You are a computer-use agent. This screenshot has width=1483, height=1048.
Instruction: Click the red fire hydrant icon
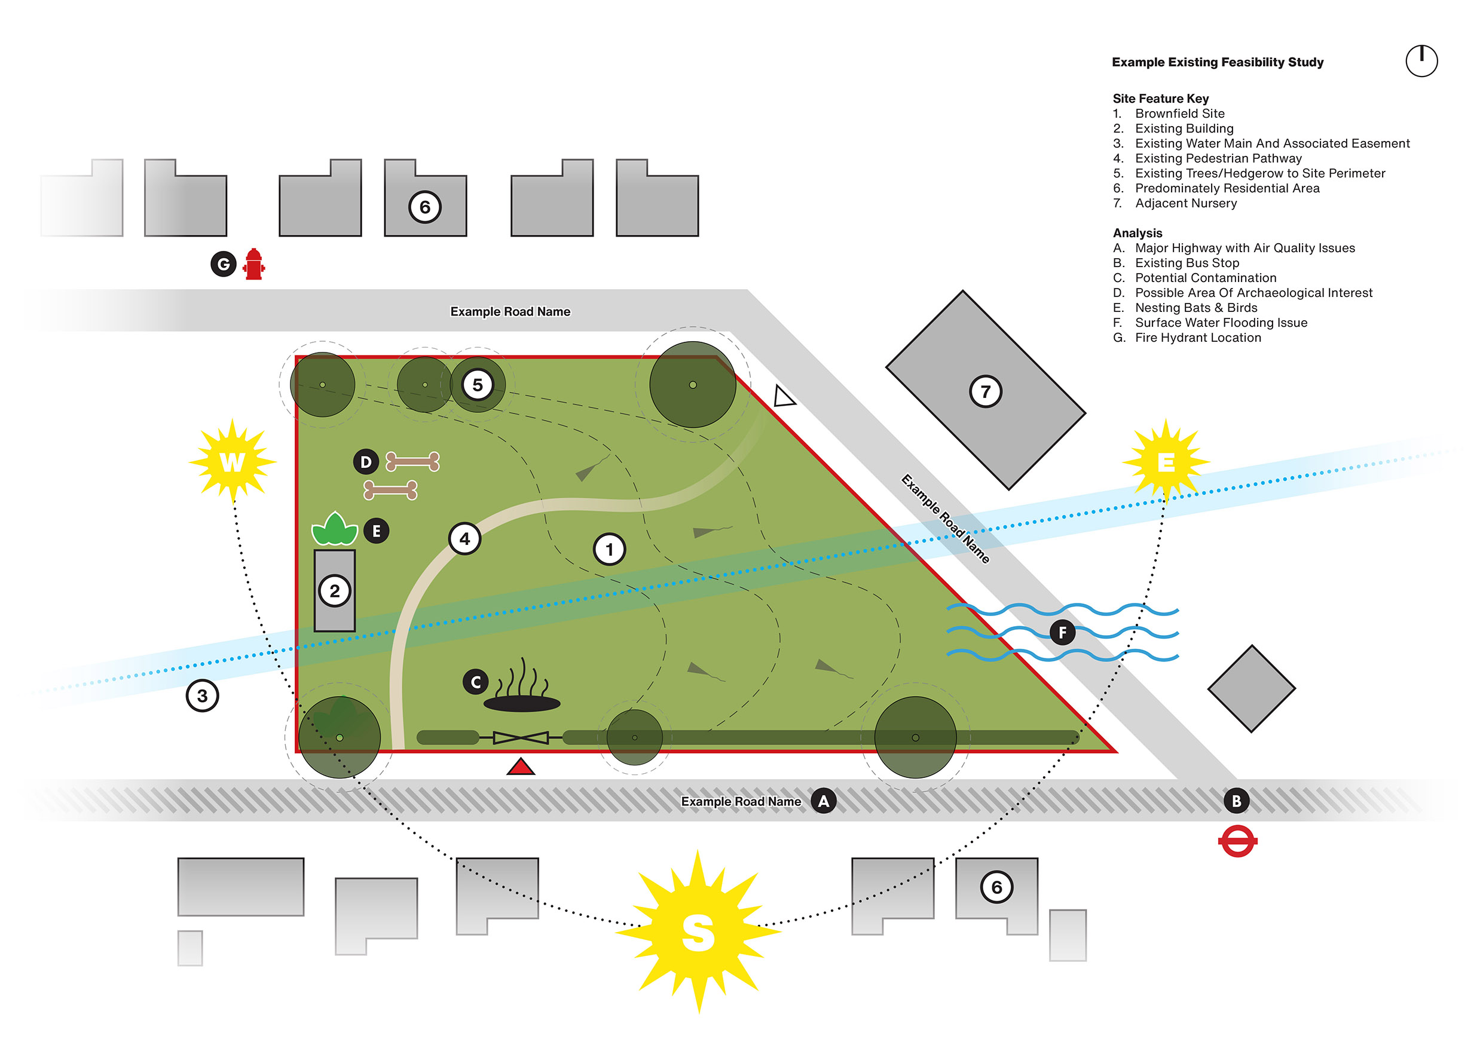tap(254, 264)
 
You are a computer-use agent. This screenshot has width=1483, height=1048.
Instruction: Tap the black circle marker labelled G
tap(224, 264)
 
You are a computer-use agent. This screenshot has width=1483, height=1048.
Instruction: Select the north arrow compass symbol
tap(1421, 62)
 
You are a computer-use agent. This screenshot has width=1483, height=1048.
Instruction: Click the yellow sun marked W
tap(233, 462)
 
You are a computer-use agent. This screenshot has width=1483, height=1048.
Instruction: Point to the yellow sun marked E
tap(1165, 462)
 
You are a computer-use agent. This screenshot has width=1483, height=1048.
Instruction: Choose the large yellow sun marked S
tap(698, 931)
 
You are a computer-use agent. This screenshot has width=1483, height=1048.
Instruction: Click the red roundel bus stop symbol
tap(1237, 841)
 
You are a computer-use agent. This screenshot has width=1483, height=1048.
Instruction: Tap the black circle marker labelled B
tap(1236, 801)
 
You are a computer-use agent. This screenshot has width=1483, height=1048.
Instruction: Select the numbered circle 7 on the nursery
tap(986, 391)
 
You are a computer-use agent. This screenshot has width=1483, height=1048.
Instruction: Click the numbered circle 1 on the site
tap(609, 550)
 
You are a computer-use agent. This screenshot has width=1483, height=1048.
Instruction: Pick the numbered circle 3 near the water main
tap(202, 696)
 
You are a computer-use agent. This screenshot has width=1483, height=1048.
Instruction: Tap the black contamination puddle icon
tap(522, 703)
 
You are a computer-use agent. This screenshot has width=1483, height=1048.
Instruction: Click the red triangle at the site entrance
tap(521, 767)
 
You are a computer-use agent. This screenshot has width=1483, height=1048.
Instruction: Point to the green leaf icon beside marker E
tap(335, 529)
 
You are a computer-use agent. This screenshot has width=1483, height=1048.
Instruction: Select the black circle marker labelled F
tap(1063, 632)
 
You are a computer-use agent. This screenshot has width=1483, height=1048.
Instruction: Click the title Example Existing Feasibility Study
tap(1217, 62)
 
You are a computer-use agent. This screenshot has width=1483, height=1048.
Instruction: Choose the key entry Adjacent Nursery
tap(1186, 203)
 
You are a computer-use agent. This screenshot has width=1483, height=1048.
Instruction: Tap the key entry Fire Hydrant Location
tap(1197, 338)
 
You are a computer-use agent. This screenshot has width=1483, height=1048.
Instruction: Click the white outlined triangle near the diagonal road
tap(784, 397)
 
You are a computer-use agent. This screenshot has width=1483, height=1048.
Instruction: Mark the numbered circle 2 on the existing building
tap(335, 591)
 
